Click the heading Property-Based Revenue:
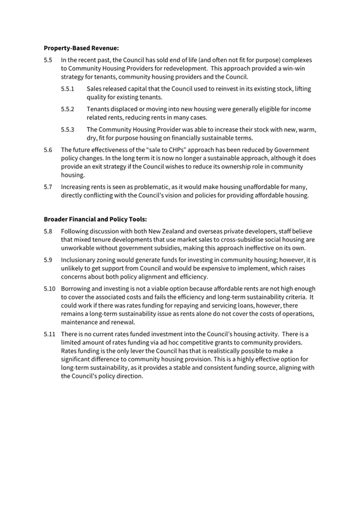coord(81,48)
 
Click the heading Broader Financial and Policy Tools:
coord(95,219)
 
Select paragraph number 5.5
coord(48,60)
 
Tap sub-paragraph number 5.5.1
coord(67,89)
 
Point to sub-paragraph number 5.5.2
coord(67,109)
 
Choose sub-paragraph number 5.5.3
coord(67,130)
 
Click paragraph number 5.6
coord(48,150)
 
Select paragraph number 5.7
coord(48,187)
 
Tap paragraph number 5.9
coord(48,260)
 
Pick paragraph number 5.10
coord(50,289)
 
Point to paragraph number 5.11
coord(50,334)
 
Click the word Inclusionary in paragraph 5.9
coord(79,260)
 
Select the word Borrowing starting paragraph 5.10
coord(77,289)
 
